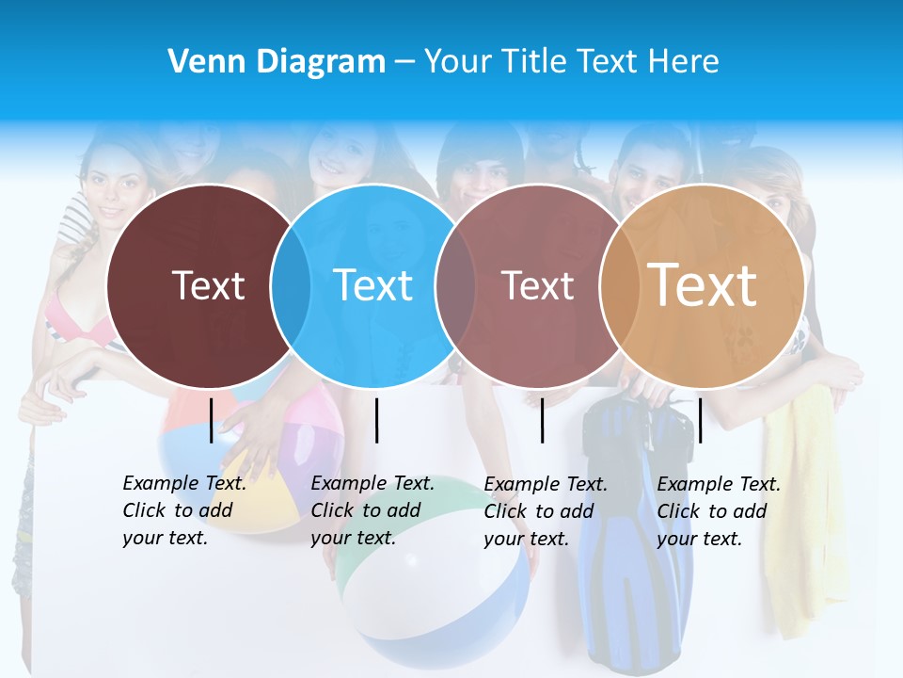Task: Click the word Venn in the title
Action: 199,62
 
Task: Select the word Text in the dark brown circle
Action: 208,285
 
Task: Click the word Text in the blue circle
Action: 373,285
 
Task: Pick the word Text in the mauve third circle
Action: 537,286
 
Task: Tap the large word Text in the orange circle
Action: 703,285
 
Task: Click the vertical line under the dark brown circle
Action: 212,420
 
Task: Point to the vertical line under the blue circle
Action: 376,420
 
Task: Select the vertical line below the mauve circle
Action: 543,420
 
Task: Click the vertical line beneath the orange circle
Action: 700,420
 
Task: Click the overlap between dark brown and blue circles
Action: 291,285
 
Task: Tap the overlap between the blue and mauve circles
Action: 456,285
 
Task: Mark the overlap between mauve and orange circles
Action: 618,285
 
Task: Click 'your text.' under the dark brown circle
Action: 166,539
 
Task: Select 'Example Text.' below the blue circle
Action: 372,484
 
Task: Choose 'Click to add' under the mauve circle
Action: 539,511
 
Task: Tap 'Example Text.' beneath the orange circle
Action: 719,485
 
